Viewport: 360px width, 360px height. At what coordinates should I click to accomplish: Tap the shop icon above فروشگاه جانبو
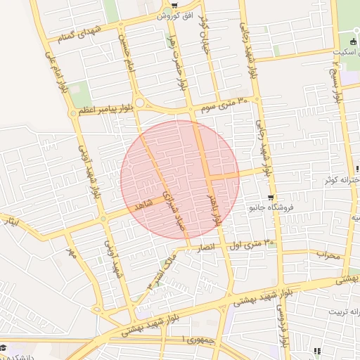(x=271, y=198)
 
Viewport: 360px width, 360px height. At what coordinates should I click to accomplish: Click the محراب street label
(x=328, y=255)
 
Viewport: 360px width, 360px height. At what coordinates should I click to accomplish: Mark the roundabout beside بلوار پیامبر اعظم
(x=141, y=103)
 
